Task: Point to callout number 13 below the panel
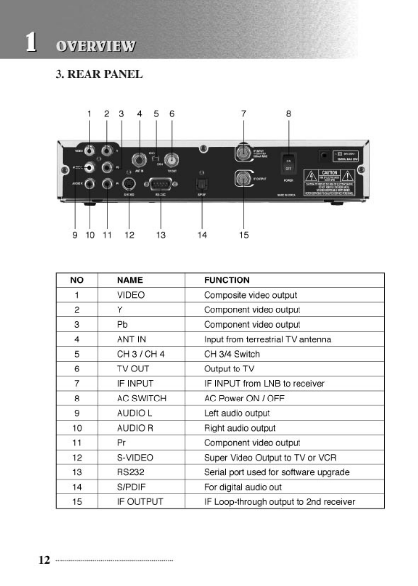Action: [161, 235]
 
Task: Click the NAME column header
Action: [130, 280]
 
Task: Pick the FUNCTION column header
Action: [227, 280]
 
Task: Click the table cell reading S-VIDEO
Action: [135, 458]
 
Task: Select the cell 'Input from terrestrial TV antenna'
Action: [268, 339]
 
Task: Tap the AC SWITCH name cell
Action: [142, 399]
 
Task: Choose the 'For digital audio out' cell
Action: [243, 487]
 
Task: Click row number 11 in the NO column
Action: [77, 443]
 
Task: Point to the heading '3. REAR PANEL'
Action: [98, 74]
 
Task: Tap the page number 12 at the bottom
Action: [44, 560]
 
